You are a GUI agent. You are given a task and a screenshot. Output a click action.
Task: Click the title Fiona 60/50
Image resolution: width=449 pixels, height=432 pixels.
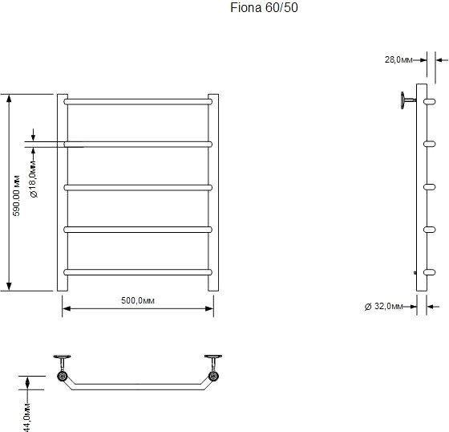pos(264,8)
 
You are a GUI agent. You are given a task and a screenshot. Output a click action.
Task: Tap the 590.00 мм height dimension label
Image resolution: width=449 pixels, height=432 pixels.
pos(17,195)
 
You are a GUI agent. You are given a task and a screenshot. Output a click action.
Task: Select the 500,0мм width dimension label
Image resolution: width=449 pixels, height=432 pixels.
pos(138,300)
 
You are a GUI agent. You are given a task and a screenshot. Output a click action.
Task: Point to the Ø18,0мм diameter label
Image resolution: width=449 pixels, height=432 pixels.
pos(34,179)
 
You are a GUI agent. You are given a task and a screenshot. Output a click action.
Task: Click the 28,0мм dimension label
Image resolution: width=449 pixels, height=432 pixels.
pos(398,59)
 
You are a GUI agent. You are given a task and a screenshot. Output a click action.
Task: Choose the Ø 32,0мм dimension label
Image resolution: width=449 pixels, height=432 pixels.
pos(384,307)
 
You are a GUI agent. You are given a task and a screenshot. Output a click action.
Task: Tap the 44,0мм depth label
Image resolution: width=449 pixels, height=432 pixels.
pos(27,418)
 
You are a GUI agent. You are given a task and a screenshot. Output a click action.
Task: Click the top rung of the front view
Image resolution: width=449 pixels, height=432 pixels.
pos(138,101)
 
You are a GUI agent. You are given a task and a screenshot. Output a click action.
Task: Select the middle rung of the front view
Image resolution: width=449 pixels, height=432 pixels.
pos(138,187)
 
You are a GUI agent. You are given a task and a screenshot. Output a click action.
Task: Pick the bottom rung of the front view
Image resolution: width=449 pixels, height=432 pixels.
pos(138,272)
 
